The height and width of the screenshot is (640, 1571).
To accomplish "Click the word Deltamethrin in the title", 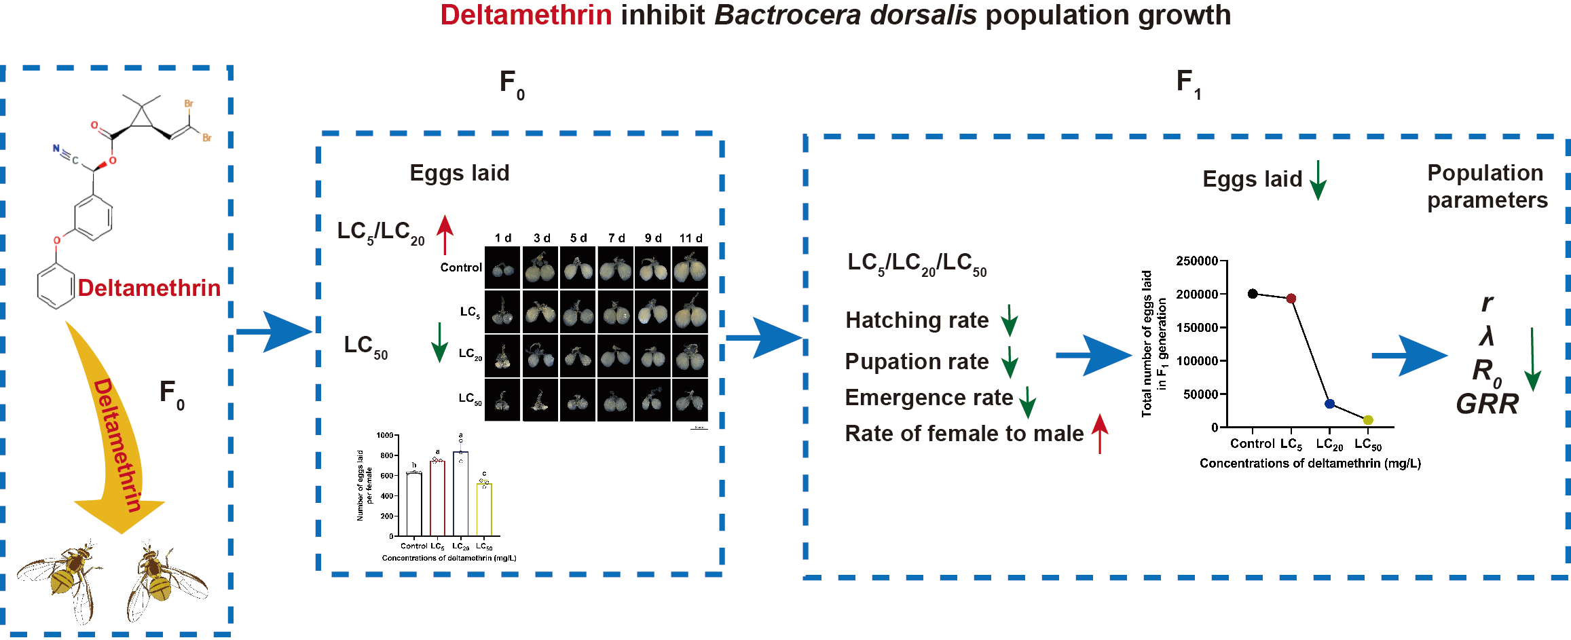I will tap(526, 15).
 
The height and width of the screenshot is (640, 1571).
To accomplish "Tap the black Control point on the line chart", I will tap(1253, 294).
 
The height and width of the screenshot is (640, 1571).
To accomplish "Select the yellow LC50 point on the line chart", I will tap(1368, 420).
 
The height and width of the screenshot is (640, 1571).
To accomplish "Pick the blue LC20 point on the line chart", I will tap(1329, 404).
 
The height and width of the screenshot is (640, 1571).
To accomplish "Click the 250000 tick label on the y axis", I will tap(1196, 261).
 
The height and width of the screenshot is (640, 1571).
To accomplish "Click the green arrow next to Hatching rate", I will tap(1010, 320).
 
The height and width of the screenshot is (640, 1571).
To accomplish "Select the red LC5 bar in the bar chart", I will tap(437, 498).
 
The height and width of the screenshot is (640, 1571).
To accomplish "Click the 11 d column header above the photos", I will tap(690, 238).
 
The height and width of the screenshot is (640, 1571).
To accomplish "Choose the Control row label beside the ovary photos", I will tap(461, 267).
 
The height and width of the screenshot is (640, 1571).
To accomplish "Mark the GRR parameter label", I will tap(1487, 404).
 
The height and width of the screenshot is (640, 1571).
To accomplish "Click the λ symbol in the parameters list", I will tap(1487, 336).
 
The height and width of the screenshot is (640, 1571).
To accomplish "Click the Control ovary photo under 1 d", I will tap(503, 268).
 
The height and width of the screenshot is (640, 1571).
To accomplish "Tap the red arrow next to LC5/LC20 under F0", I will tap(445, 234).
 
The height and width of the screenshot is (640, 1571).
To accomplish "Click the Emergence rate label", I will tap(929, 398).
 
